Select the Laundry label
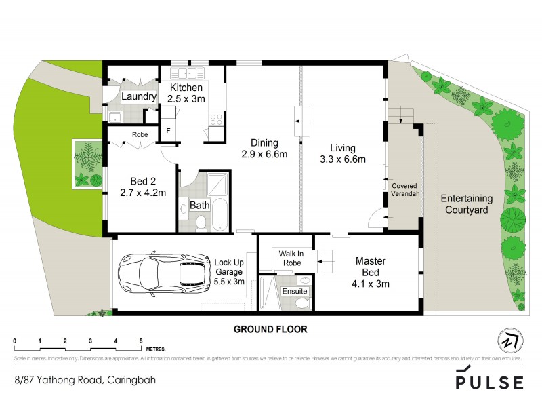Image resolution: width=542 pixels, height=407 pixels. point(139,97)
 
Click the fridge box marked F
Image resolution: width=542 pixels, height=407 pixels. point(167,131)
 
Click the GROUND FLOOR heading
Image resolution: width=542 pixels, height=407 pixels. point(270,330)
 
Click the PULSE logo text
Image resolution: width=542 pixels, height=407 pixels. point(489,382)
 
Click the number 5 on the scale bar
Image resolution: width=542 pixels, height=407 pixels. point(141,341)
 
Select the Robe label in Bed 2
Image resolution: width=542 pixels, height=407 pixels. point(140,134)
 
